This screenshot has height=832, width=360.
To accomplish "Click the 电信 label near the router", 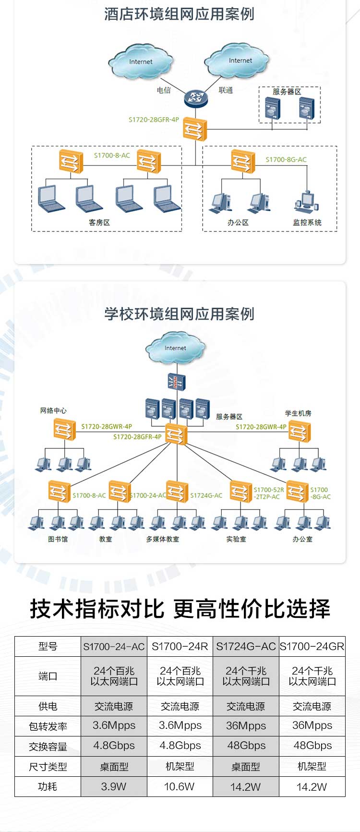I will [x=164, y=90].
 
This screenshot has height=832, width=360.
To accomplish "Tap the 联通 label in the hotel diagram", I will [x=226, y=90].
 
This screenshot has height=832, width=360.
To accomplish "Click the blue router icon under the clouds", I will [x=196, y=99].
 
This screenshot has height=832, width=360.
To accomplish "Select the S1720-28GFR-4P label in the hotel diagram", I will [x=154, y=120].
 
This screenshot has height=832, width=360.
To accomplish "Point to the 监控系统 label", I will [x=307, y=222].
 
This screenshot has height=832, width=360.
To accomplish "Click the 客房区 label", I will [x=99, y=222].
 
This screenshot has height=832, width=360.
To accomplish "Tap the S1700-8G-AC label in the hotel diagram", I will [x=286, y=159].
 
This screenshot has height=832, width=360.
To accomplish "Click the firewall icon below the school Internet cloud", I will [x=176, y=381].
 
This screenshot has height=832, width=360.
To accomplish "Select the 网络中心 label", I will [x=53, y=410].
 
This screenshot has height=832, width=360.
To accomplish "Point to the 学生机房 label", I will [x=298, y=413].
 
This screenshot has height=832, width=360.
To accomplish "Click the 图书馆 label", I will [x=58, y=539].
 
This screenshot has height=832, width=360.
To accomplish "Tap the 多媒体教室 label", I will [x=163, y=539].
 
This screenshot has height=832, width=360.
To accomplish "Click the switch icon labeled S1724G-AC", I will [x=177, y=491].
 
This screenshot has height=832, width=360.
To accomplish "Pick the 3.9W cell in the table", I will [x=114, y=786].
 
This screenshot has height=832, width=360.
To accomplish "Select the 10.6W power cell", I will [x=180, y=786].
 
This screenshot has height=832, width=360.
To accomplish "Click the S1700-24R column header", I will [x=180, y=647].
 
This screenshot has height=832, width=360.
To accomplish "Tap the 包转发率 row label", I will [x=48, y=726].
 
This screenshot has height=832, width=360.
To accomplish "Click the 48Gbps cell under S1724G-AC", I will [x=246, y=746].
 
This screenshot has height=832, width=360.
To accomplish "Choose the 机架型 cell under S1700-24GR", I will [x=312, y=766].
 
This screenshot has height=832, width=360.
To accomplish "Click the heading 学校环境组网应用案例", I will [x=180, y=314].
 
